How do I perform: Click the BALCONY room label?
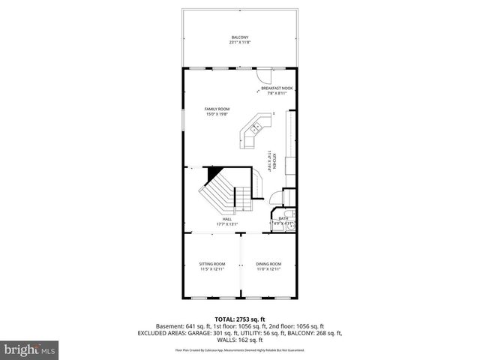(x=239, y=37)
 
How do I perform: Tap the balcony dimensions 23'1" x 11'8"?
(x=239, y=43)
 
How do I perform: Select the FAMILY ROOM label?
(x=217, y=109)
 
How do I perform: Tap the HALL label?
(x=226, y=219)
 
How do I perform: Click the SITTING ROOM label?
(x=212, y=264)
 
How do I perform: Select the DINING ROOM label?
(x=268, y=264)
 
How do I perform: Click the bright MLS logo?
(x=29, y=349)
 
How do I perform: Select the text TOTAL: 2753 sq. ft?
(x=239, y=319)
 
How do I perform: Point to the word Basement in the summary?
(x=169, y=326)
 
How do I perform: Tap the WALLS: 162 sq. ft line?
(x=239, y=340)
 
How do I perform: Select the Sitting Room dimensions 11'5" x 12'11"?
(x=212, y=269)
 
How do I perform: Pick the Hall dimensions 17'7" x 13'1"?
(x=226, y=223)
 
